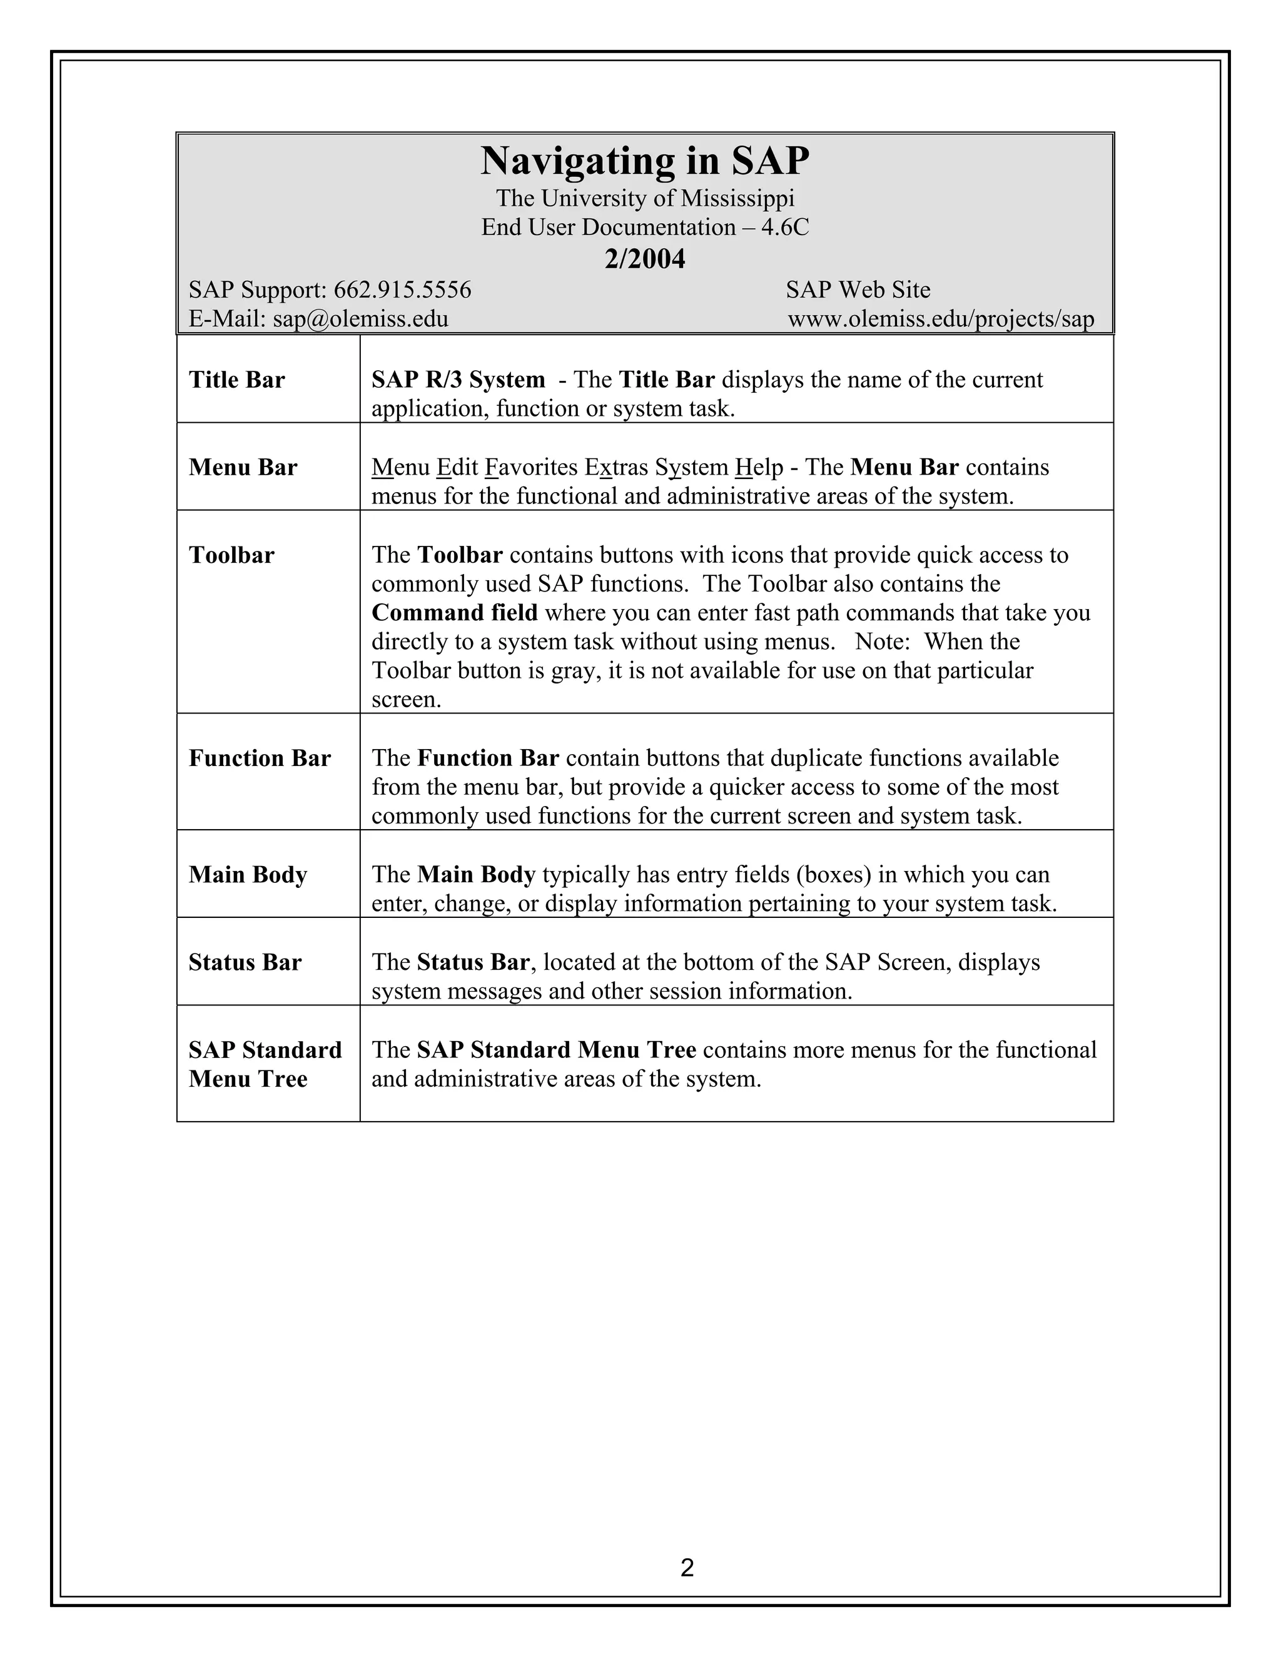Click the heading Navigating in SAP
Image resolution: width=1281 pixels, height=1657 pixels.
pyautogui.click(x=644, y=161)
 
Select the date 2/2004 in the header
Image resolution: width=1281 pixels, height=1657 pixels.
pyautogui.click(x=644, y=259)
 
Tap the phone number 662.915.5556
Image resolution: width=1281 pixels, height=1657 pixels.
pyautogui.click(x=402, y=290)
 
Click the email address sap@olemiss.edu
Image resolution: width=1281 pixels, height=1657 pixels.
pyautogui.click(x=360, y=319)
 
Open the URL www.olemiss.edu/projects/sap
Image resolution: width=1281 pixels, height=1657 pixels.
pyautogui.click(x=941, y=319)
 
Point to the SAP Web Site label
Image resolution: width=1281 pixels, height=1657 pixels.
pyautogui.click(x=858, y=290)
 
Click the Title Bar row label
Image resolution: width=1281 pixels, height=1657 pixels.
pyautogui.click(x=237, y=380)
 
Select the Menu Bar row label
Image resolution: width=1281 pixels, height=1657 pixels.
pyautogui.click(x=243, y=467)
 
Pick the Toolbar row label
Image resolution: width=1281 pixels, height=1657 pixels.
pyautogui.click(x=231, y=555)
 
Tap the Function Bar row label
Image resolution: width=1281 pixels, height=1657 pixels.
pyautogui.click(x=260, y=758)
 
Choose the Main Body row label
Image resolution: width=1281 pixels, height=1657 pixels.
pyautogui.click(x=248, y=875)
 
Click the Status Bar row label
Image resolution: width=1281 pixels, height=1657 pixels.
pyautogui.click(x=245, y=963)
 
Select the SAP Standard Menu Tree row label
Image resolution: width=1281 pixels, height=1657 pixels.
pyautogui.click(x=265, y=1064)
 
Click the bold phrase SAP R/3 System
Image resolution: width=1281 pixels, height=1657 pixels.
pyautogui.click(x=458, y=380)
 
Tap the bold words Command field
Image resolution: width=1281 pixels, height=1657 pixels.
pyautogui.click(x=455, y=613)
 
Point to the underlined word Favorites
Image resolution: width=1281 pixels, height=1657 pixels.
pyautogui.click(x=530, y=467)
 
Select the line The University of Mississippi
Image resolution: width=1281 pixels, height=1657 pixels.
pyautogui.click(x=645, y=199)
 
